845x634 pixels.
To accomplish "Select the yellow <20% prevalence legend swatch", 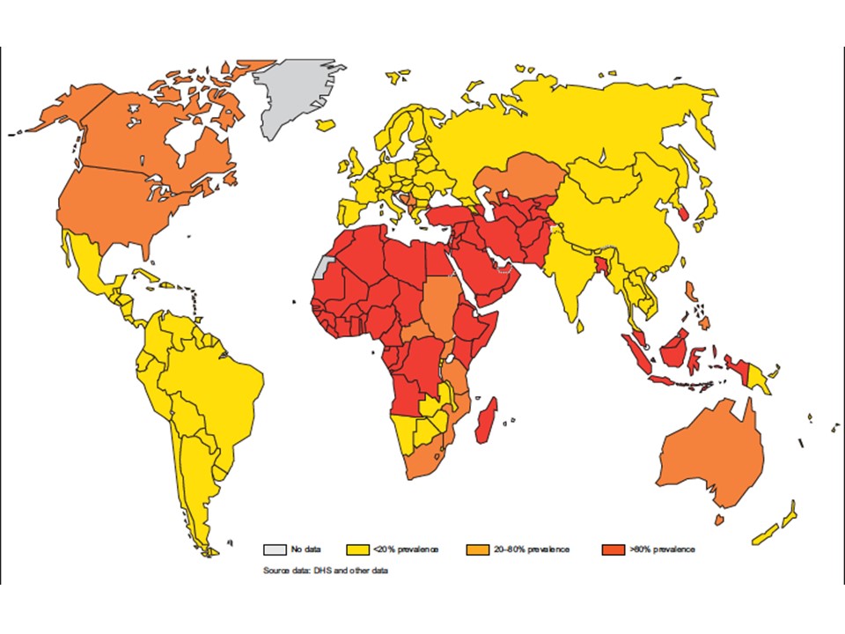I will (x=359, y=549).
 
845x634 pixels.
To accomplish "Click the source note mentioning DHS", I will (x=326, y=571).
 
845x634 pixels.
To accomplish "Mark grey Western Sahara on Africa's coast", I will (x=323, y=268).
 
